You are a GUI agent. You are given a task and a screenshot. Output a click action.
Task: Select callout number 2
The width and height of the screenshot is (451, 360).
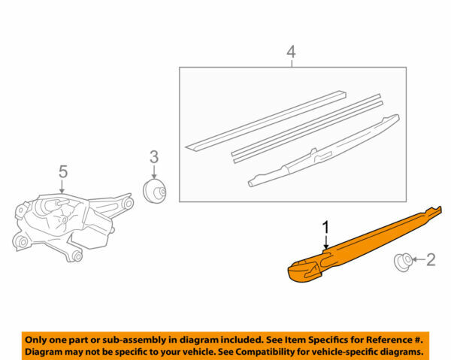pos(430,261)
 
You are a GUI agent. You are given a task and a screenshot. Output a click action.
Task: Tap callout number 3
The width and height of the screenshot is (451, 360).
pos(153,156)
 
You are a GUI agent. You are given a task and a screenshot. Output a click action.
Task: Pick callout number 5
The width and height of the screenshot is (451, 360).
pos(63,172)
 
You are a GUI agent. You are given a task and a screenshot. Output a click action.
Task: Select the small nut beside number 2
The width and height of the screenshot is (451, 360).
pos(403,262)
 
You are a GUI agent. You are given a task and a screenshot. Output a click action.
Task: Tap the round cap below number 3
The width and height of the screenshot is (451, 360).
pos(154,191)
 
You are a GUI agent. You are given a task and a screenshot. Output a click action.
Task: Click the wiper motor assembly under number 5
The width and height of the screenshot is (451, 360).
pos(71,222)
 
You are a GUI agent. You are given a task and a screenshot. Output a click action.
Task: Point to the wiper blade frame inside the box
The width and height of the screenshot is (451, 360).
pos(323,150)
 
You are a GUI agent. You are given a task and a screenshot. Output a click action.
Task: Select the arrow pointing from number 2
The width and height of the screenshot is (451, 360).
pos(417,262)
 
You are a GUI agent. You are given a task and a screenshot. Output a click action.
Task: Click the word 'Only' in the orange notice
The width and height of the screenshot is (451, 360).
pos(40,339)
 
